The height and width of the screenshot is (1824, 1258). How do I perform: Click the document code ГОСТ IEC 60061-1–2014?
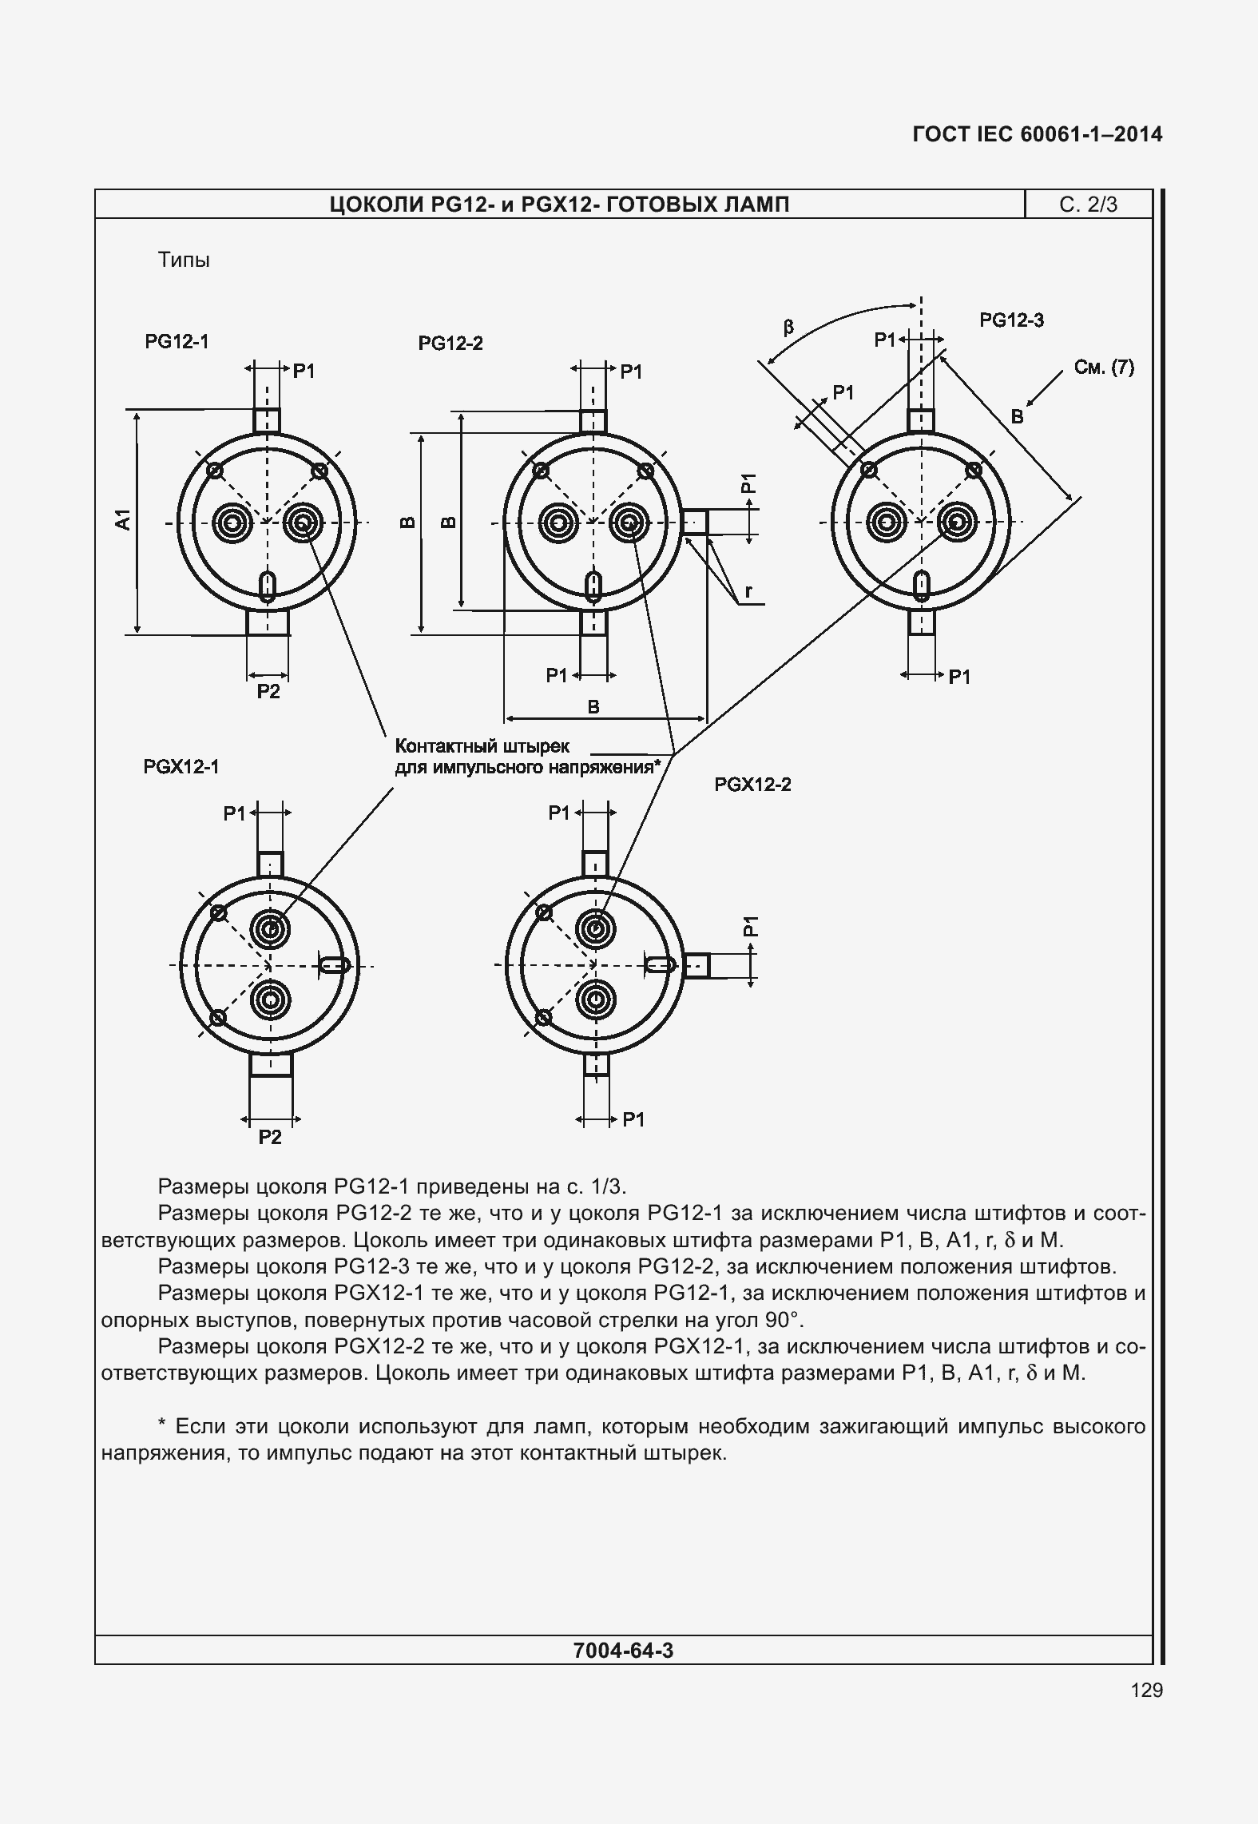tap(1037, 134)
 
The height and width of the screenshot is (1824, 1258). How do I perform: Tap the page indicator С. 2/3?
tap(1088, 205)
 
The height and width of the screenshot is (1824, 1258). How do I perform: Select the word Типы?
tap(184, 260)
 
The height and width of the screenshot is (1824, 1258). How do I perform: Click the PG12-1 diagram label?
tap(177, 342)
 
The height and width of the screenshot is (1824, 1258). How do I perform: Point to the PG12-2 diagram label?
tap(450, 344)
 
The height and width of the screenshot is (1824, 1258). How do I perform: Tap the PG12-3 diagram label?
tap(1011, 320)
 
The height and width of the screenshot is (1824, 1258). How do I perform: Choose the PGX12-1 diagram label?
tap(181, 767)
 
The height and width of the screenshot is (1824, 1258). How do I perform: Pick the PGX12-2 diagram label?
tap(752, 785)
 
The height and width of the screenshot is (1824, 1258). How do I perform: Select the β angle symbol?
tap(788, 328)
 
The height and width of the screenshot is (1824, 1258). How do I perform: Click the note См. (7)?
tap(1104, 368)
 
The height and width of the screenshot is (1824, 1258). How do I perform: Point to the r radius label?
tap(748, 591)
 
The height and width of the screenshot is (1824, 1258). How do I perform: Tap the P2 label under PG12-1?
tap(268, 692)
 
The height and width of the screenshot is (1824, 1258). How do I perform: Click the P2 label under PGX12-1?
tap(270, 1137)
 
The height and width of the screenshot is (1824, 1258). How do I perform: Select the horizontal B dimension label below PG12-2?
tap(593, 706)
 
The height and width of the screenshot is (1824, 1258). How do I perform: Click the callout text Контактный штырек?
tap(482, 746)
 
